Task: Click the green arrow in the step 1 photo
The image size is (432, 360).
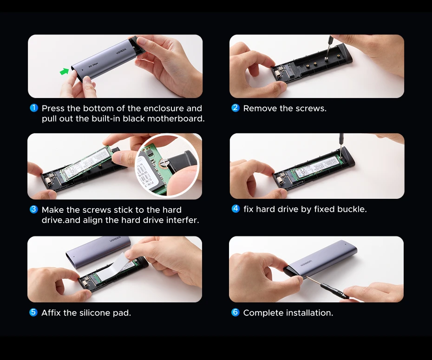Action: pyautogui.click(x=64, y=72)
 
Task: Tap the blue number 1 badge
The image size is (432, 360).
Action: pyautogui.click(x=34, y=108)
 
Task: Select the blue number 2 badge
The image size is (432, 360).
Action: pyautogui.click(x=236, y=107)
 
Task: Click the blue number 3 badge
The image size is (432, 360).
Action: pyautogui.click(x=33, y=209)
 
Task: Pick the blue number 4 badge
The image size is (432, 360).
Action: pyautogui.click(x=236, y=209)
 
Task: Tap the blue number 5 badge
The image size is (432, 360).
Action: pyautogui.click(x=33, y=312)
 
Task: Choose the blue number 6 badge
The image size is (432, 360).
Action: pyautogui.click(x=236, y=312)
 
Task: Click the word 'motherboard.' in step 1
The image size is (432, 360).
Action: pyautogui.click(x=176, y=119)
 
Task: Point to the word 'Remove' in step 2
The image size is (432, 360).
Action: pyautogui.click(x=260, y=108)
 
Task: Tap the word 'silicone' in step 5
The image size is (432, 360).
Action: pyautogui.click(x=94, y=313)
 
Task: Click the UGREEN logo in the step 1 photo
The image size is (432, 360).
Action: pyautogui.click(x=121, y=51)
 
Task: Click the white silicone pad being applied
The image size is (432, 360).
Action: pyautogui.click(x=113, y=267)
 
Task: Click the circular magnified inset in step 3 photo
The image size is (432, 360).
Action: pyautogui.click(x=167, y=166)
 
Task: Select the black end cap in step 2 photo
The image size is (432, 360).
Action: pyautogui.click(x=345, y=53)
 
